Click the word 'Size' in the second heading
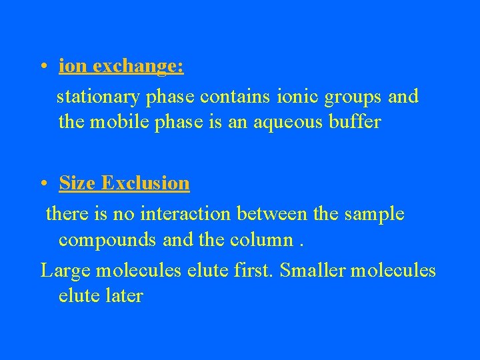(x=77, y=183)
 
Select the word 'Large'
(x=65, y=271)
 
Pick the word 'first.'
(x=256, y=271)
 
